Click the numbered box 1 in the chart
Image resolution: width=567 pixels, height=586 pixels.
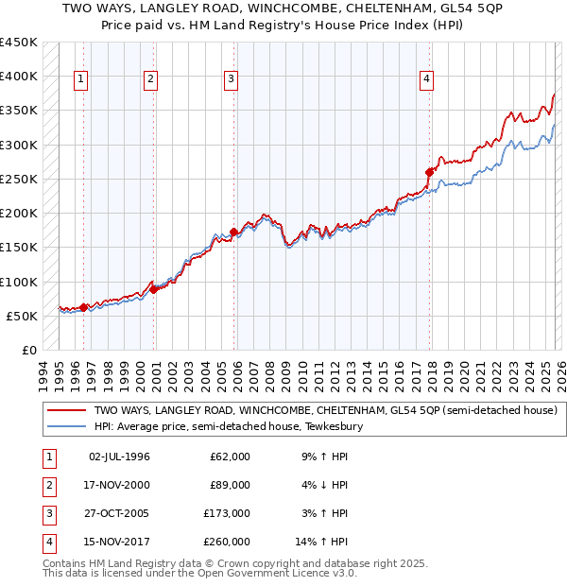coord(82,80)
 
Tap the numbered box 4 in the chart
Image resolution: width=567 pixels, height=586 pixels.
coord(427,80)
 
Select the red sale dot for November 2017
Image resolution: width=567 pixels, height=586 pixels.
coord(430,172)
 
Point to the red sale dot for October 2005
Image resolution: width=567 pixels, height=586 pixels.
coord(233,232)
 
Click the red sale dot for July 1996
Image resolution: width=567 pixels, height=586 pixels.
coord(84,307)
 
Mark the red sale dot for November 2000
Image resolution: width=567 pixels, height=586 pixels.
coord(154,289)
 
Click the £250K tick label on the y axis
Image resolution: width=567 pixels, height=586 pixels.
coord(19,179)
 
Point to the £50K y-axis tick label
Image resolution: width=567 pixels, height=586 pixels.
coord(23,316)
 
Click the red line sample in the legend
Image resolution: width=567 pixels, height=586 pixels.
coord(66,411)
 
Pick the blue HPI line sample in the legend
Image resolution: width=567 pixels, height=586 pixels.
coord(66,427)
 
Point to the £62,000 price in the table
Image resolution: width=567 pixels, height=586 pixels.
coord(230,457)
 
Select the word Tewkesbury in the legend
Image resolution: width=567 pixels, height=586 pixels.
coord(333,427)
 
